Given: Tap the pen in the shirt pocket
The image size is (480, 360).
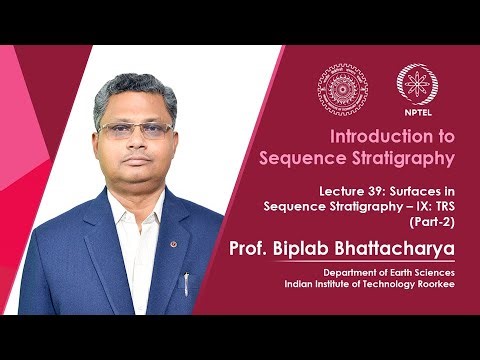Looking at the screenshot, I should click(186, 284).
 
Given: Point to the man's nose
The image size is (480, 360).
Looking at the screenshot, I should click(133, 146).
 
